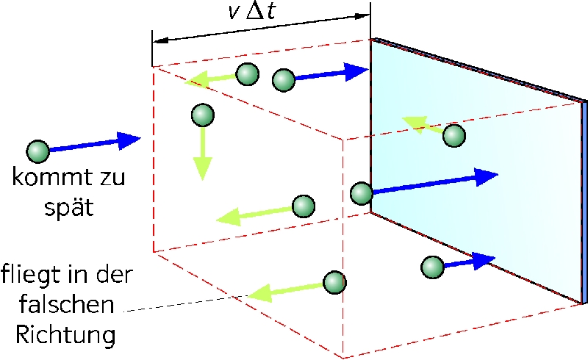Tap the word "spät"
click(x=68, y=207)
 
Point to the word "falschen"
click(x=66, y=304)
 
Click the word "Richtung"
click(x=65, y=335)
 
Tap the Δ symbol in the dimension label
click(x=255, y=12)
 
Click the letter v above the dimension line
click(x=234, y=13)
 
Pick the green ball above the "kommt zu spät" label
click(x=38, y=151)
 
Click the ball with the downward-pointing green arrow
click(x=203, y=115)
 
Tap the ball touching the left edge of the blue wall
click(x=362, y=193)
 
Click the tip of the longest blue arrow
click(x=498, y=174)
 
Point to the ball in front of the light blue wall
click(x=454, y=135)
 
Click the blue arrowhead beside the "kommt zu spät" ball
click(x=129, y=140)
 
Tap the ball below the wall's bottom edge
click(x=433, y=267)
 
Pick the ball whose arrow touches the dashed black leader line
click(x=334, y=282)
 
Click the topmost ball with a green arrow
click(x=248, y=74)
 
